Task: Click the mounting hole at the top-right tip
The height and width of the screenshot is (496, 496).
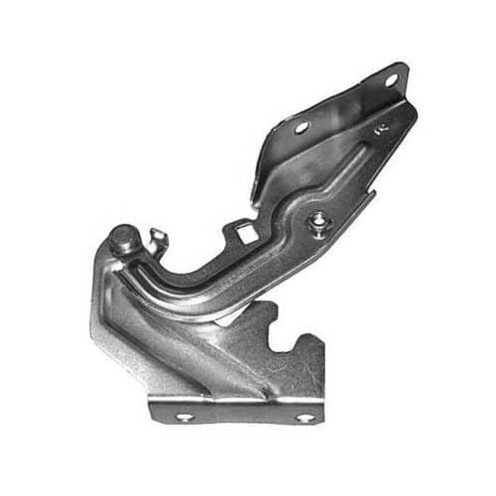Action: (x=391, y=78)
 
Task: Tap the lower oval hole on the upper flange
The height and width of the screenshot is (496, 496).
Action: (x=302, y=127)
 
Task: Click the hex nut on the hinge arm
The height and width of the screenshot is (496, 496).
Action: (x=316, y=220)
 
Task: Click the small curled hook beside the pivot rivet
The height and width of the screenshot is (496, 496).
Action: (x=156, y=239)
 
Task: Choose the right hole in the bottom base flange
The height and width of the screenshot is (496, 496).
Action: (x=304, y=418)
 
